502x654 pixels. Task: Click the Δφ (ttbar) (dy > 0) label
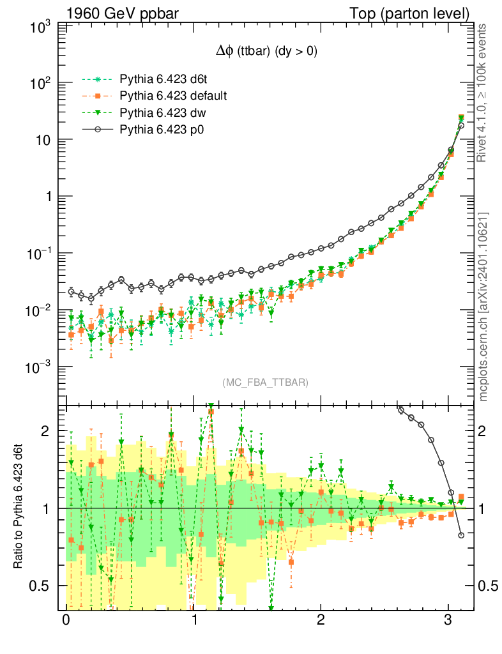click(x=266, y=52)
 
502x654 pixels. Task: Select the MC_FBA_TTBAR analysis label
click(x=266, y=382)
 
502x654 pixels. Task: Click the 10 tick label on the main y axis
click(x=43, y=141)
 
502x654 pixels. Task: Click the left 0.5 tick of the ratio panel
click(x=42, y=586)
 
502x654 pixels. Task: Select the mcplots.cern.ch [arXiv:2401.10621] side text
click(x=483, y=307)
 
